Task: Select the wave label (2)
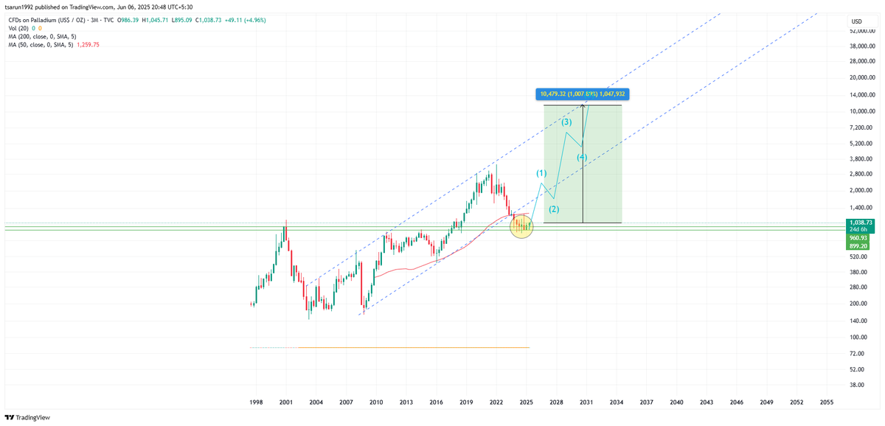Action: (554, 209)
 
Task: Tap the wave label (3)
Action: (566, 122)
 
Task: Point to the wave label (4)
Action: (582, 157)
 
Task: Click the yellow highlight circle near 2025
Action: (521, 226)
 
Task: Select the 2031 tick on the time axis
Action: (586, 402)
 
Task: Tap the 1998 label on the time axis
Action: (256, 402)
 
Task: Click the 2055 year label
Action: (827, 402)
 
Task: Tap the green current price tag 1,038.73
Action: (861, 222)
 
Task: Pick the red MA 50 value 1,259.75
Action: (86, 44)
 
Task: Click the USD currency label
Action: (856, 21)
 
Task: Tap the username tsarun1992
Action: (21, 6)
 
